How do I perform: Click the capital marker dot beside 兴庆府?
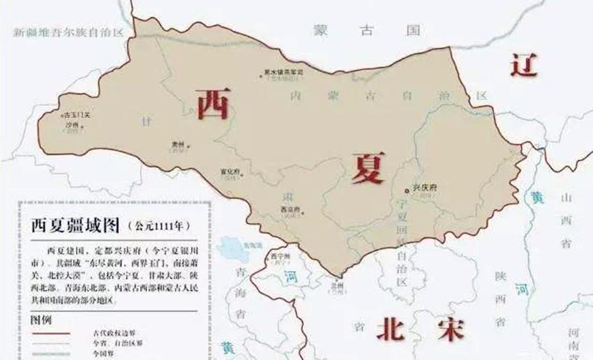tap(407, 190)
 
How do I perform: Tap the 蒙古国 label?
tap(368, 31)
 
